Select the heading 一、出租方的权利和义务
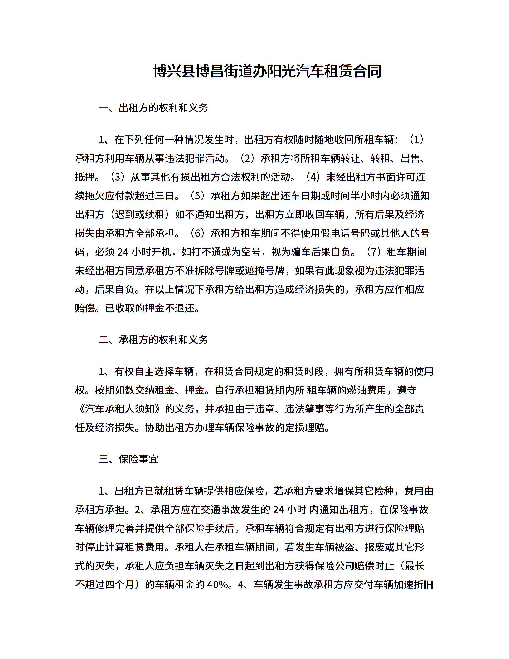click(153, 108)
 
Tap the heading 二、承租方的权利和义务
click(153, 339)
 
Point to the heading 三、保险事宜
click(128, 459)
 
